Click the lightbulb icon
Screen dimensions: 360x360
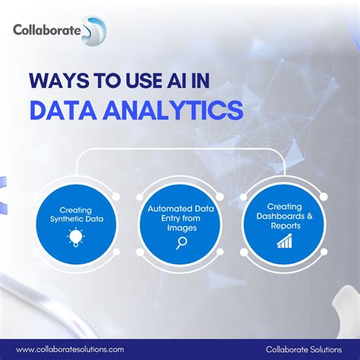tap(76, 238)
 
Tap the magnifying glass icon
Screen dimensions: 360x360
tap(181, 243)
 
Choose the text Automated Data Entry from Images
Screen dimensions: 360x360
tap(181, 216)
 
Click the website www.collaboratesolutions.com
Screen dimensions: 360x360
tap(70, 348)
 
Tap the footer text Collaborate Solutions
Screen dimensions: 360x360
tap(304, 348)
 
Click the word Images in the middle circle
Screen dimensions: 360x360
tap(181, 226)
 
